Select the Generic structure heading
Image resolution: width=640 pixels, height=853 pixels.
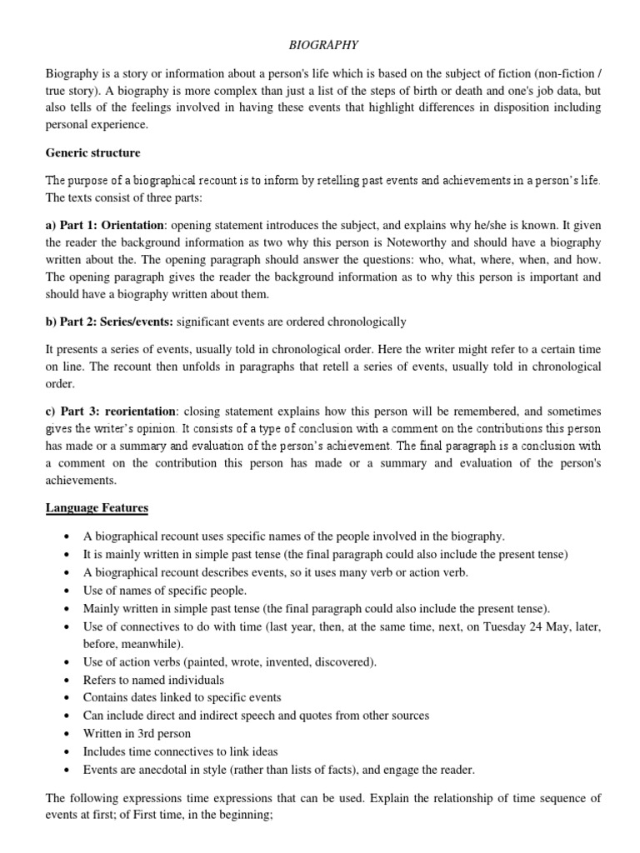click(92, 153)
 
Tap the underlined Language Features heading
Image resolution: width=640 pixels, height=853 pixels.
click(97, 507)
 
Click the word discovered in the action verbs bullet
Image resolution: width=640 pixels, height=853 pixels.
click(342, 662)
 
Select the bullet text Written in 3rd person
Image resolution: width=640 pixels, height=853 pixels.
click(137, 734)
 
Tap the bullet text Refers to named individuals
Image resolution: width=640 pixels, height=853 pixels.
click(153, 680)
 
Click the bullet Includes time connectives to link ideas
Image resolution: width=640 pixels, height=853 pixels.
click(181, 751)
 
